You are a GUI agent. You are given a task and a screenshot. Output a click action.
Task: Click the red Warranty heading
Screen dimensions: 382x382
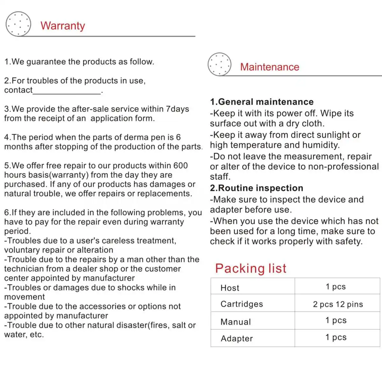pyautogui.click(x=63, y=26)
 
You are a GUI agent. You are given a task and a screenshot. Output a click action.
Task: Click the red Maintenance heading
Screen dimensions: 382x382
pyautogui.click(x=270, y=67)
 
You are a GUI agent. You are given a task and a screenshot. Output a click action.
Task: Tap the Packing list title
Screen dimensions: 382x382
pyautogui.click(x=251, y=268)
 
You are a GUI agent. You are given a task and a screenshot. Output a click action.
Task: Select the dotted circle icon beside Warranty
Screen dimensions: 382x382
pyautogui.click(x=18, y=24)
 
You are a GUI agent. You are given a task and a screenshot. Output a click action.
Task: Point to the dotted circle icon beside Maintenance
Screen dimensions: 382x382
pyautogui.click(x=219, y=64)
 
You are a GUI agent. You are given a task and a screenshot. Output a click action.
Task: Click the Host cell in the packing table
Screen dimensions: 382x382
pyautogui.click(x=230, y=288)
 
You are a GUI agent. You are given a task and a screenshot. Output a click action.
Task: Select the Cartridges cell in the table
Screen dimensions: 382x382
pyautogui.click(x=242, y=304)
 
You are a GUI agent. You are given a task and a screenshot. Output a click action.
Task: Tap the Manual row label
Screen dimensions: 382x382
pyautogui.click(x=236, y=322)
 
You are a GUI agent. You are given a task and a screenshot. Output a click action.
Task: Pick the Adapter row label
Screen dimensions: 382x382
pyautogui.click(x=237, y=338)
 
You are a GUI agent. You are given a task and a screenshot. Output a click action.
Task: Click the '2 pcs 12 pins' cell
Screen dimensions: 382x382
pyautogui.click(x=338, y=304)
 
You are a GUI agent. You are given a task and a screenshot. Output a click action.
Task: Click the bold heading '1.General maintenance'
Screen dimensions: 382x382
pyautogui.click(x=262, y=102)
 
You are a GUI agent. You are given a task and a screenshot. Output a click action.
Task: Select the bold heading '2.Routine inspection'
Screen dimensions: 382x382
pyautogui.click(x=257, y=188)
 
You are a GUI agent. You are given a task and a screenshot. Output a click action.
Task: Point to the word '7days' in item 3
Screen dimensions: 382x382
pyautogui.click(x=177, y=109)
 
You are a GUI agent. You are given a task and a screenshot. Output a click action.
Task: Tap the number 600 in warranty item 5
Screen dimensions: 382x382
pyautogui.click(x=180, y=166)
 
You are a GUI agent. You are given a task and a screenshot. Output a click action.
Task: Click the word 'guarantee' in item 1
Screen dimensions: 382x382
pyautogui.click(x=46, y=62)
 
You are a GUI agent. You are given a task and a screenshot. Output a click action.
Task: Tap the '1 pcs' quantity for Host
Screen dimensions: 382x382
pyautogui.click(x=336, y=286)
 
